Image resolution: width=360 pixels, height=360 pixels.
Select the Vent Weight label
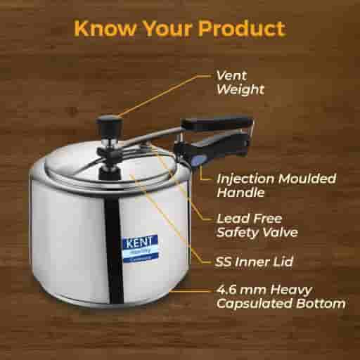click(240, 82)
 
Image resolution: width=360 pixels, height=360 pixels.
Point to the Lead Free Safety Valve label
click(255, 225)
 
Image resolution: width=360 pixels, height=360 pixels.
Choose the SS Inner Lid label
click(255, 262)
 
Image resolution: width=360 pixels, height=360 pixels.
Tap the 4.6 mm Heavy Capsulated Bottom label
click(279, 297)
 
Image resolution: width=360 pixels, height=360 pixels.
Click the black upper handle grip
click(217, 124)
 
